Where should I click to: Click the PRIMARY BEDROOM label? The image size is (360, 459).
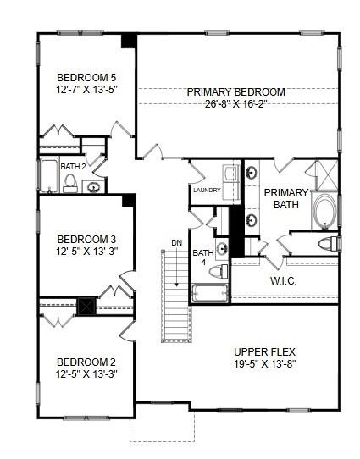click(x=236, y=92)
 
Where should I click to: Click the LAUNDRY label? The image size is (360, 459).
click(x=207, y=190)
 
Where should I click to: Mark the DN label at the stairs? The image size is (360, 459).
click(x=176, y=243)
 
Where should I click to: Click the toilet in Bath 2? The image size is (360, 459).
click(x=70, y=182)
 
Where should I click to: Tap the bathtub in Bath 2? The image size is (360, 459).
click(x=47, y=176)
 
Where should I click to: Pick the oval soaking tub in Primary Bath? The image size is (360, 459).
click(x=323, y=208)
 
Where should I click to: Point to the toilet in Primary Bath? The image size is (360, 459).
click(x=327, y=245)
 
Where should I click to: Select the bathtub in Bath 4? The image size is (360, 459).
click(x=209, y=294)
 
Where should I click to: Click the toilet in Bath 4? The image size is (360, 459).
click(x=219, y=272)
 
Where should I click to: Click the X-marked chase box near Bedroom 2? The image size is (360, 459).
click(x=86, y=306)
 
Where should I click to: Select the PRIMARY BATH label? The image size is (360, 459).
click(x=285, y=198)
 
